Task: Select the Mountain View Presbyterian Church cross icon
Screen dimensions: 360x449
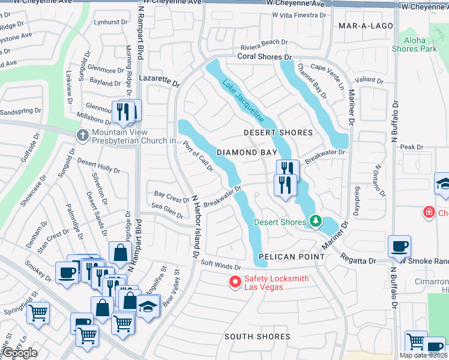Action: (x=83, y=135)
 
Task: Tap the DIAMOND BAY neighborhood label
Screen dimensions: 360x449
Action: (x=247, y=152)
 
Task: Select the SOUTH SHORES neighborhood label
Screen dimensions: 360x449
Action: (x=257, y=337)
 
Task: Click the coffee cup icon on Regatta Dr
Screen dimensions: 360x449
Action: (x=399, y=246)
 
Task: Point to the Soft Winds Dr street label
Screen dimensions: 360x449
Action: (x=220, y=264)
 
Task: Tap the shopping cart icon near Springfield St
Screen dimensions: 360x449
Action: (x=38, y=312)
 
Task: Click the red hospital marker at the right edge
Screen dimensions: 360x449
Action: (x=429, y=212)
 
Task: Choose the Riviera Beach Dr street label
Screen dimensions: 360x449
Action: (x=264, y=42)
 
